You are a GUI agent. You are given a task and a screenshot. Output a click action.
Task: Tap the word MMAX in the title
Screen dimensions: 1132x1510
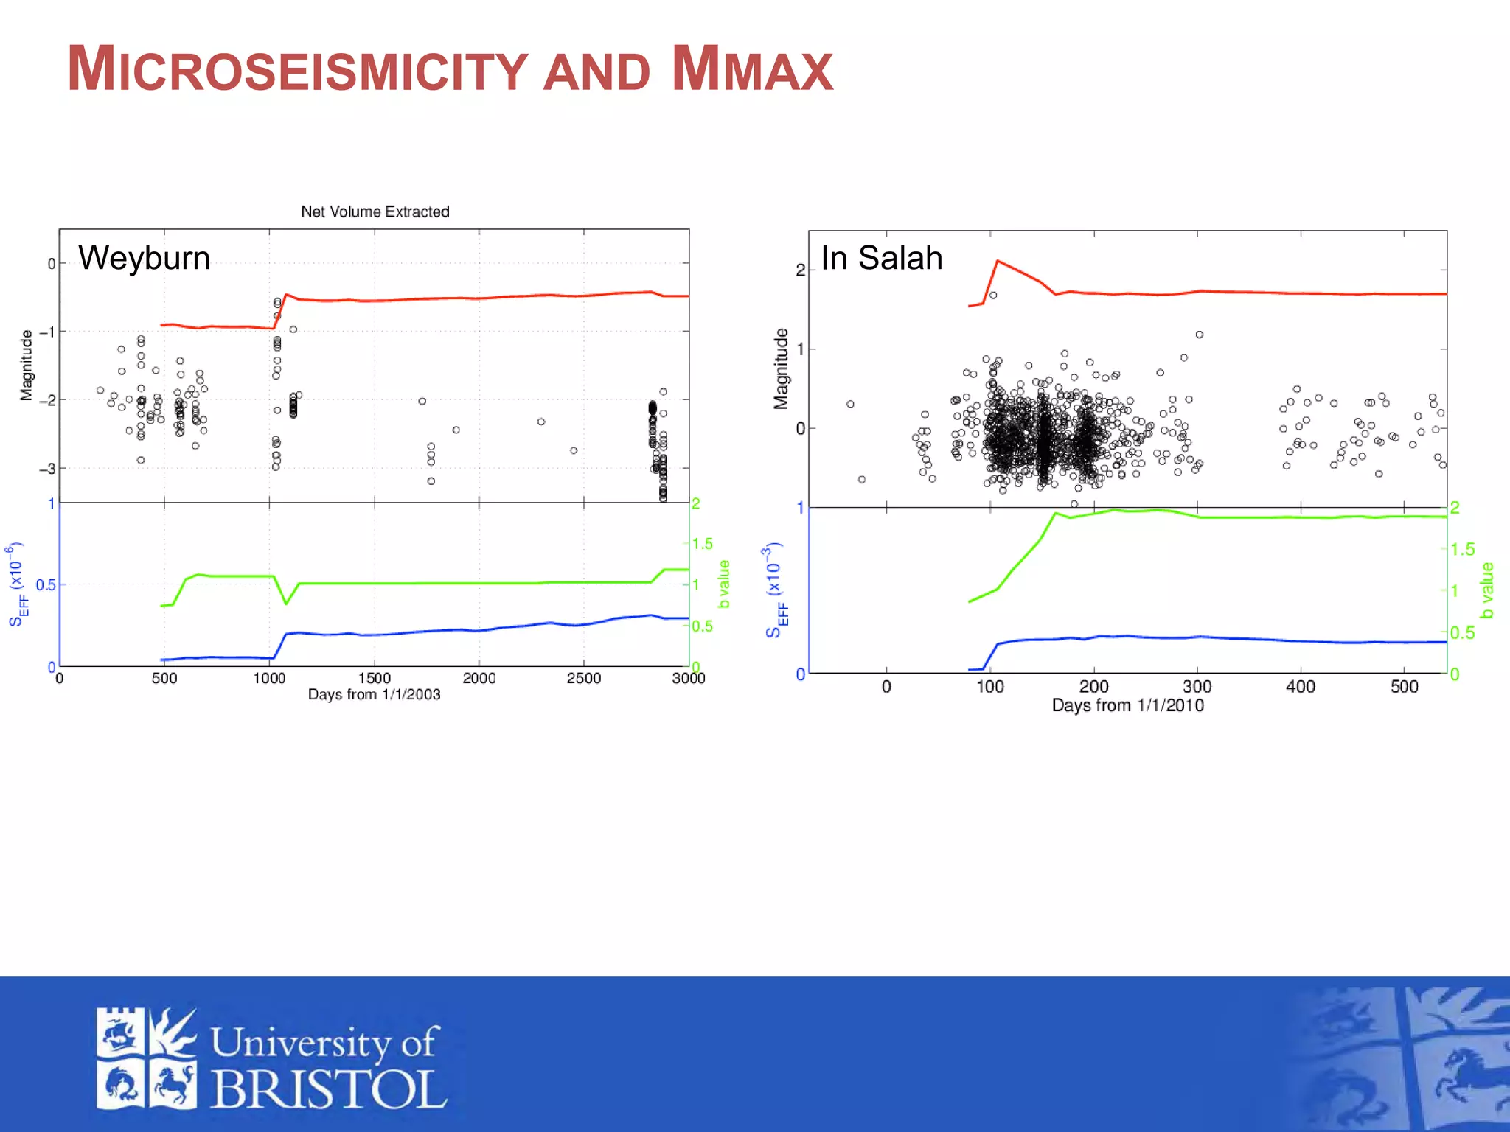tap(752, 69)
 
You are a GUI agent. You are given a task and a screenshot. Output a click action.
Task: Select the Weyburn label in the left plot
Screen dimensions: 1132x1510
tap(145, 258)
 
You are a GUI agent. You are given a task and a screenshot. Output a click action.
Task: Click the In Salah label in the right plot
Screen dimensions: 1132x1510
tap(881, 258)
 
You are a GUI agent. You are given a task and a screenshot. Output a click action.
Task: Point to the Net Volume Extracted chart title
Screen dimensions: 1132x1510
tap(375, 212)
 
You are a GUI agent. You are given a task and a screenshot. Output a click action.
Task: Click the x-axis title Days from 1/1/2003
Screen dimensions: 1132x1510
tap(374, 694)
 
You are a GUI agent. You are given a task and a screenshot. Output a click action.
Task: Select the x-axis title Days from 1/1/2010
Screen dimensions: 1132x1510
tap(1127, 705)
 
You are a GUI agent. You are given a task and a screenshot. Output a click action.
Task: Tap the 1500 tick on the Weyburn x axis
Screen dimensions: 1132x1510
tap(374, 678)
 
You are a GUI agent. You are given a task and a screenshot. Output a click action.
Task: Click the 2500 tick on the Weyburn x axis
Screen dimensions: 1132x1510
tap(583, 678)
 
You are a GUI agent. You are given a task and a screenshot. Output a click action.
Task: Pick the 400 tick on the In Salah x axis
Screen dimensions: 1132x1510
tap(1300, 687)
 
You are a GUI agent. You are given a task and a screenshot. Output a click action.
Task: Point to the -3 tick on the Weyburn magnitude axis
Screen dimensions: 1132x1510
tap(47, 469)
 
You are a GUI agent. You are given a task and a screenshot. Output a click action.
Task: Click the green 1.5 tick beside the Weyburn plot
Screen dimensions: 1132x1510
tap(703, 544)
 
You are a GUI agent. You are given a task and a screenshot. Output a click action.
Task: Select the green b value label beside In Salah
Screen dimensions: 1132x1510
tap(1487, 590)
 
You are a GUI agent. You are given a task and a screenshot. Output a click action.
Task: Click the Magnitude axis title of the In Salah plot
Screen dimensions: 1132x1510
tap(780, 368)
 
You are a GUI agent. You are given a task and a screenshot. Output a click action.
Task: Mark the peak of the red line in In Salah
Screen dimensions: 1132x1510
tap(998, 261)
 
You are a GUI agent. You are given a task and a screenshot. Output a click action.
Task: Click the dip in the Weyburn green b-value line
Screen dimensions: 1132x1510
tap(286, 604)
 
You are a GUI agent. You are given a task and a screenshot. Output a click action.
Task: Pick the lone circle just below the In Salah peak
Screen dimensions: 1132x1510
tap(993, 295)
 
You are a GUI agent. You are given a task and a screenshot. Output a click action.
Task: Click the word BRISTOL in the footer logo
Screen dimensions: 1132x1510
tap(329, 1089)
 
